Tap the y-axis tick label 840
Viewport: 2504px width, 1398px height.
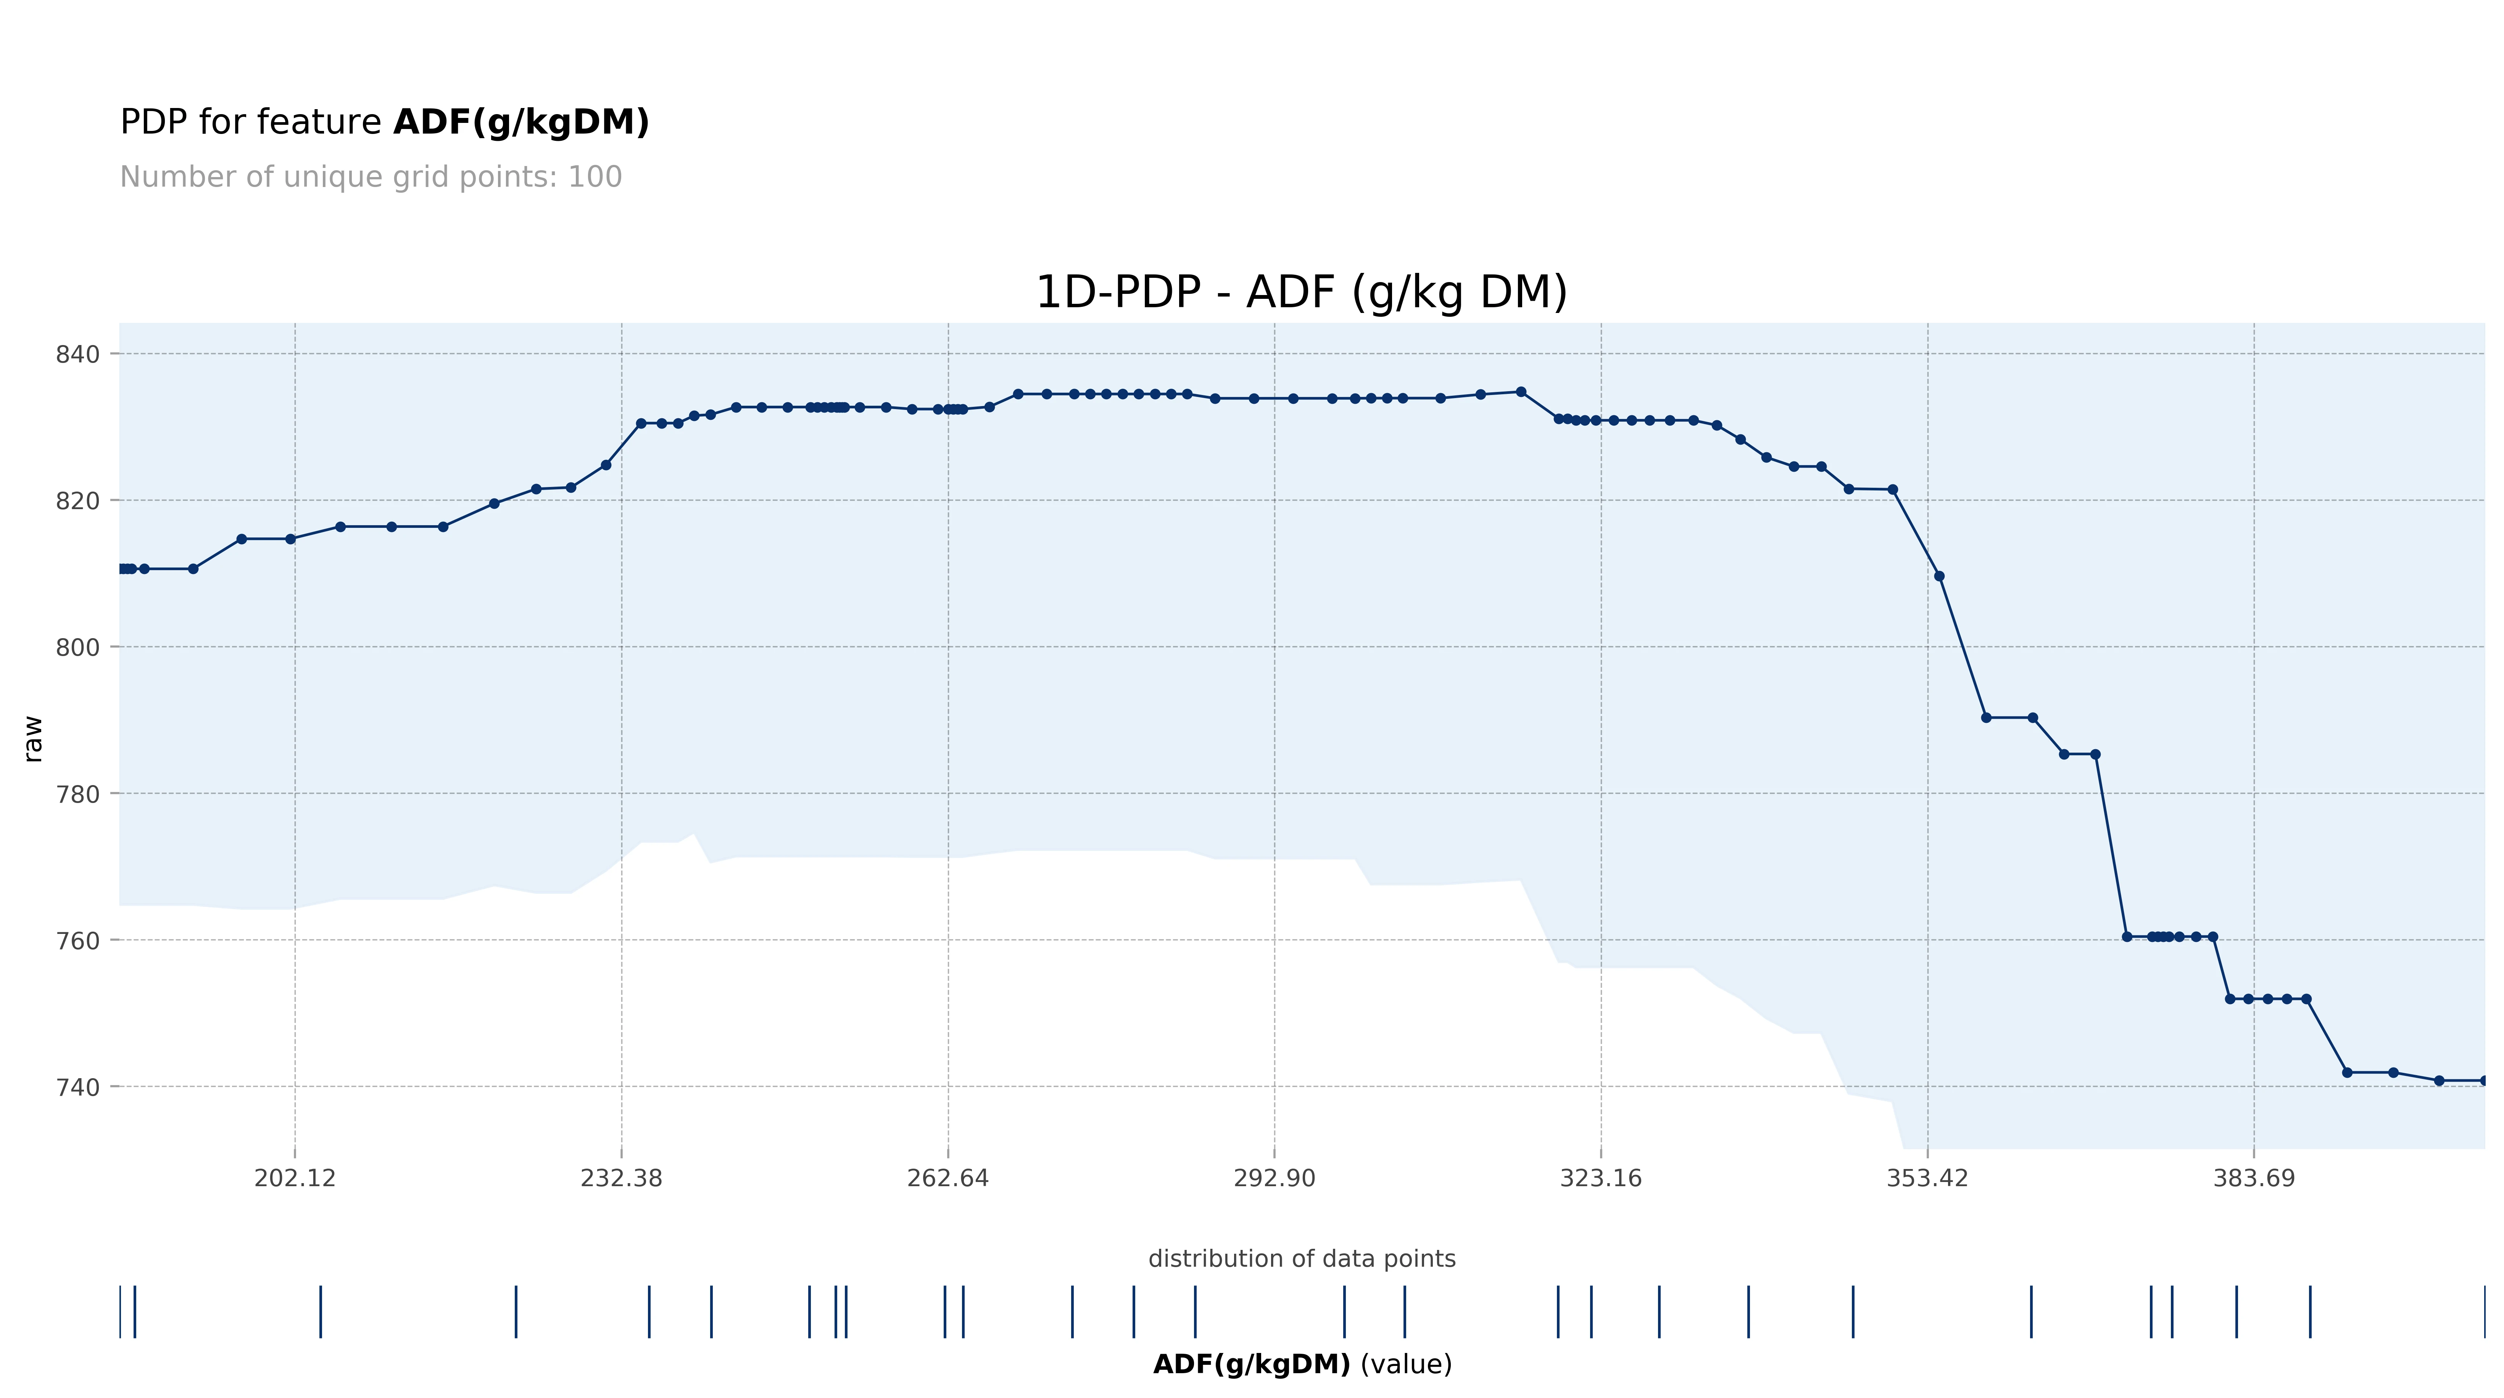click(x=78, y=355)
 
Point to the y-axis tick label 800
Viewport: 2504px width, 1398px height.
click(x=78, y=647)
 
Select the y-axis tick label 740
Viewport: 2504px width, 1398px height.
click(x=78, y=1087)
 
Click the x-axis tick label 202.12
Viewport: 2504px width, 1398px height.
click(x=295, y=1178)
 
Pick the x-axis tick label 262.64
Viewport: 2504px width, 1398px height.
click(x=948, y=1178)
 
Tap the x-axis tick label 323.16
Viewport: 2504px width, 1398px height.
click(x=1600, y=1178)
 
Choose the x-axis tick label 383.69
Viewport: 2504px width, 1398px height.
click(x=2253, y=1178)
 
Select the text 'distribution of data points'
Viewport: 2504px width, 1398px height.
click(x=1302, y=1259)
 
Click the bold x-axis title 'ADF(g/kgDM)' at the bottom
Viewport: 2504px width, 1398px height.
click(x=1251, y=1364)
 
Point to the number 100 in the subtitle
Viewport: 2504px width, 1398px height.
click(x=595, y=177)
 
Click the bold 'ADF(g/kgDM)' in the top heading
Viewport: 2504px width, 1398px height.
click(x=521, y=123)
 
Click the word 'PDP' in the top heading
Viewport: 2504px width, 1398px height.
click(x=153, y=123)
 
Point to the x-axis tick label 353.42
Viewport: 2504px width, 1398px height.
click(x=1927, y=1178)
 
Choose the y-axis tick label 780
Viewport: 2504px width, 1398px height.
click(x=78, y=794)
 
